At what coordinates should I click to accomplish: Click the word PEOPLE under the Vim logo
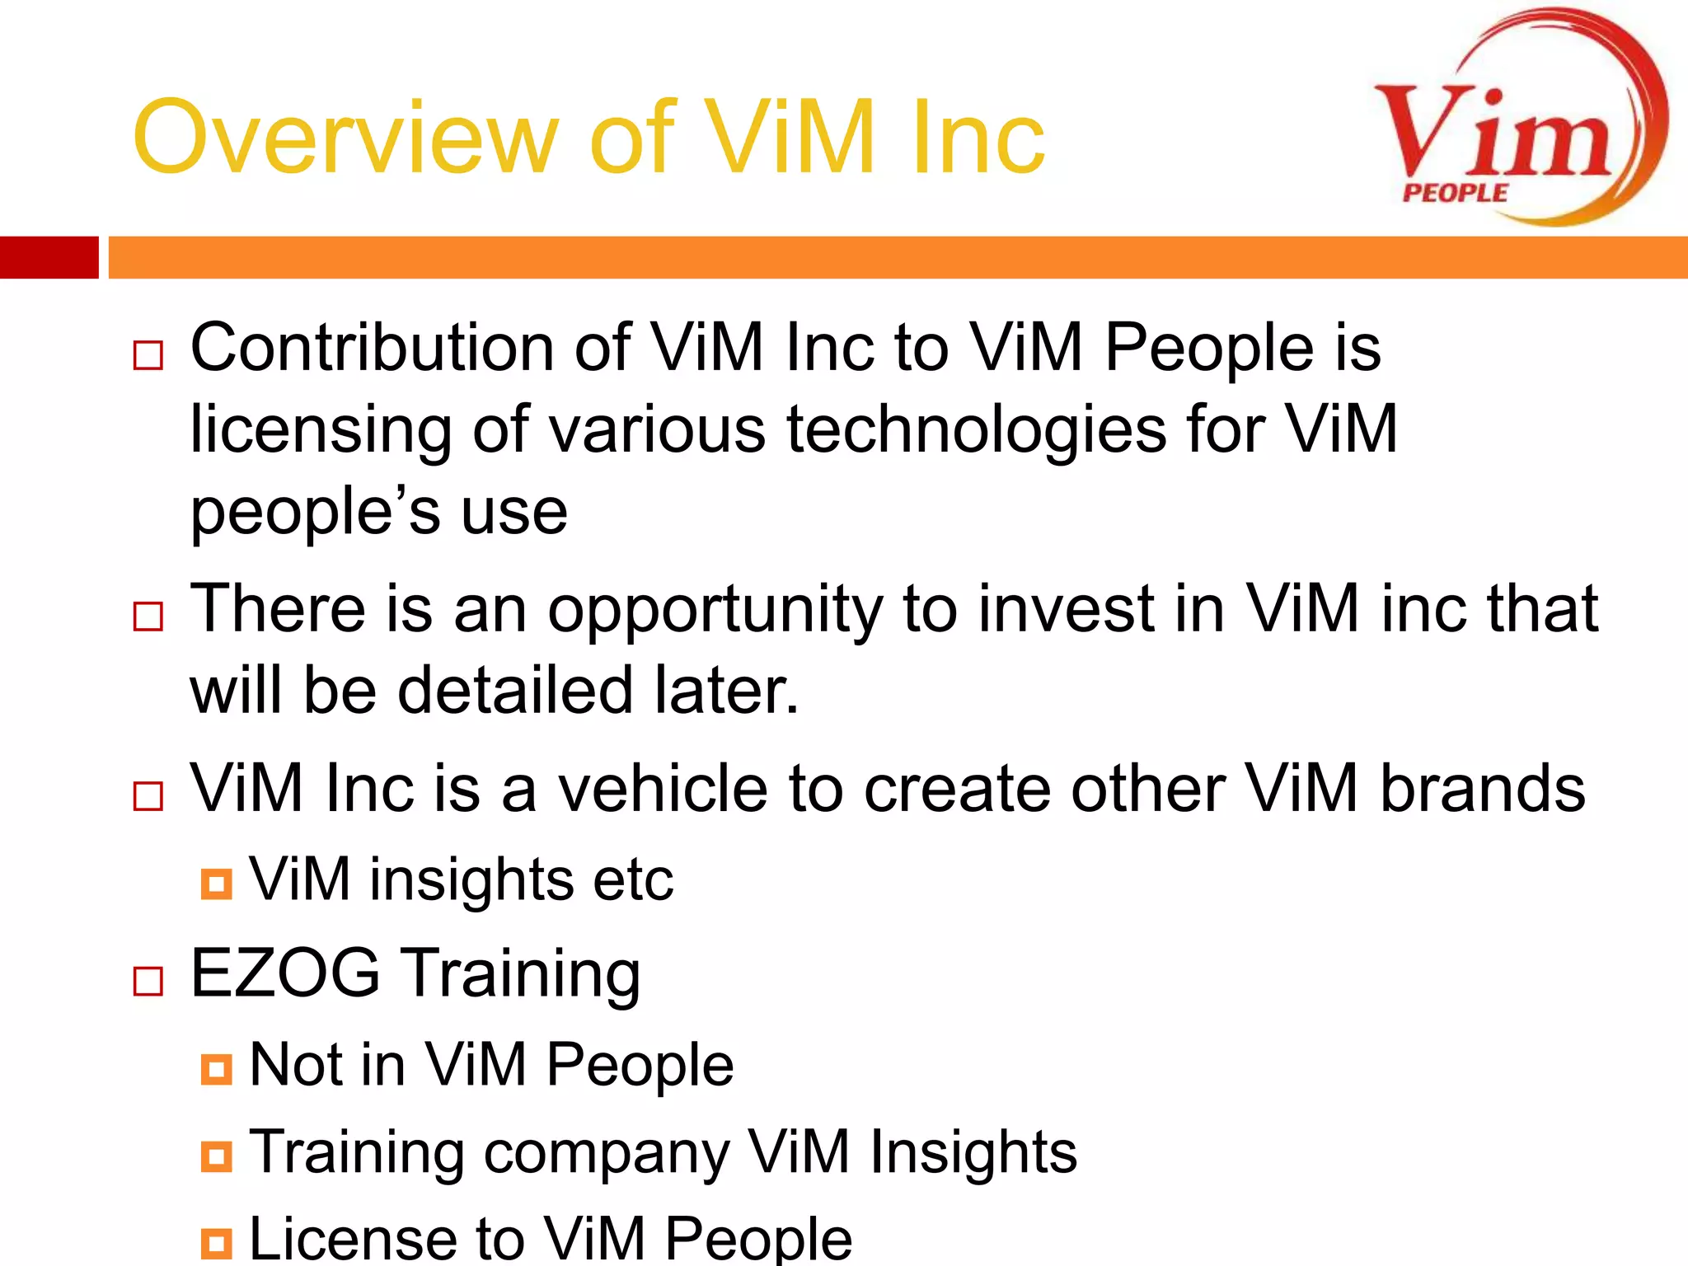tap(1456, 193)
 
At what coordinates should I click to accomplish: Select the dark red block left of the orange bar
tap(49, 257)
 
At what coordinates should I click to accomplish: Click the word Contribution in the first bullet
tap(372, 347)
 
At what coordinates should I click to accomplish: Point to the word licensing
tap(321, 430)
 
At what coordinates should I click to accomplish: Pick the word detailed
tap(515, 690)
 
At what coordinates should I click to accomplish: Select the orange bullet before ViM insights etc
tap(216, 884)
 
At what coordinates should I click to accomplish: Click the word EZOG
tap(285, 973)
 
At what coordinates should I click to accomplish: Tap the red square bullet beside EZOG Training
tap(148, 981)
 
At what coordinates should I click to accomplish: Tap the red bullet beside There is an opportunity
tap(148, 616)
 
